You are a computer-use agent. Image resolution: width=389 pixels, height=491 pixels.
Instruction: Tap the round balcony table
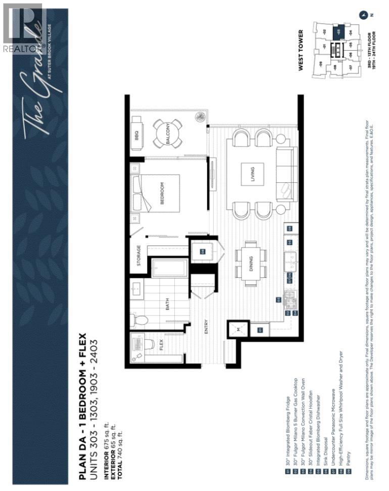click(x=168, y=133)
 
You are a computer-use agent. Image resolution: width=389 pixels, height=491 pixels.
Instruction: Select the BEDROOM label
click(x=163, y=193)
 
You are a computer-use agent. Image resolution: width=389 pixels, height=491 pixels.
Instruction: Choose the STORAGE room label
click(x=138, y=256)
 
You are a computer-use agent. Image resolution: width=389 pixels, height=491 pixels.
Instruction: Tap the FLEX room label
click(x=161, y=346)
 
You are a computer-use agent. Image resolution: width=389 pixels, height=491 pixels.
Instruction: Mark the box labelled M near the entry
click(x=238, y=331)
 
